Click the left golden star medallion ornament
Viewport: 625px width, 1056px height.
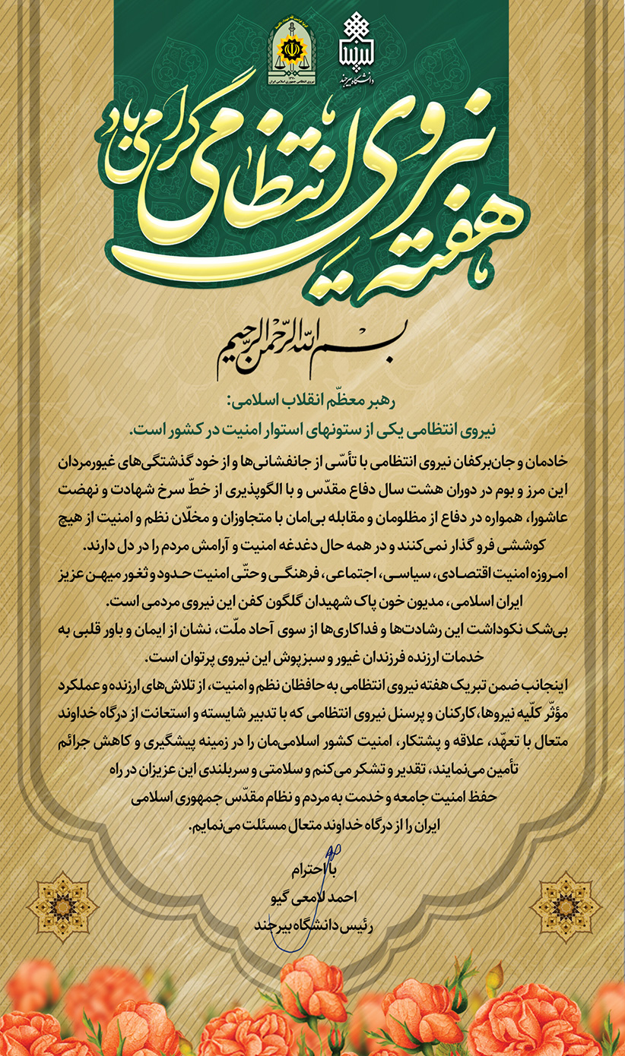click(62, 906)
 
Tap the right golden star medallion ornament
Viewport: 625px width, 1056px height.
click(564, 906)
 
